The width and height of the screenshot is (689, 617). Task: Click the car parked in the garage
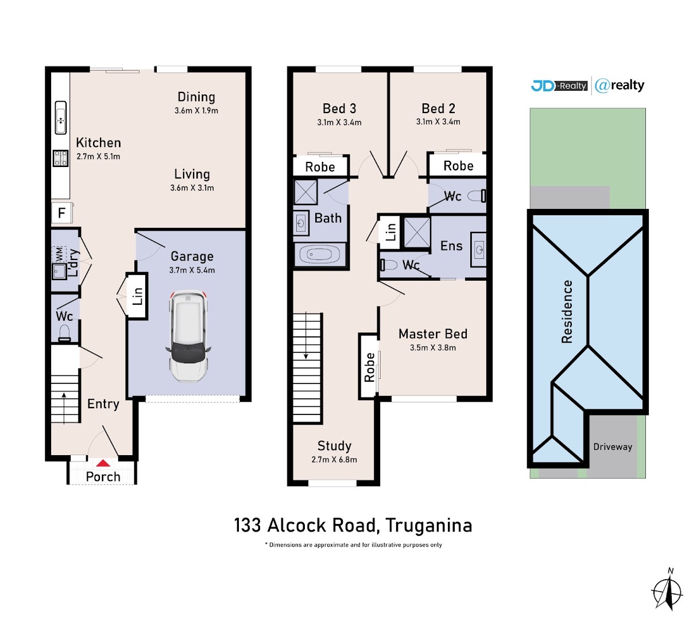[188, 336]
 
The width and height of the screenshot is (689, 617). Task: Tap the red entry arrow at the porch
[103, 463]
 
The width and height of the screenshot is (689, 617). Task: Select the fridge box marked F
[61, 213]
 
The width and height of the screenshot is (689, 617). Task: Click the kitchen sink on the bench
[60, 117]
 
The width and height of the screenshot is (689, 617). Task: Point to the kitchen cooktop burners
[60, 159]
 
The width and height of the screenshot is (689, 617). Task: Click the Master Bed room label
[432, 334]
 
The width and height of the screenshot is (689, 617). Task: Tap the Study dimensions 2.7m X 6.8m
[334, 460]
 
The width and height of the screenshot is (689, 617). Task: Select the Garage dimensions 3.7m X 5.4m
[192, 270]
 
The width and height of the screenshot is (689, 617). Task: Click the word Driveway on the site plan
[613, 447]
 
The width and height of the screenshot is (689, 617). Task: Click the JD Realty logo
[559, 86]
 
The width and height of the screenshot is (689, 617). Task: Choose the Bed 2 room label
[438, 108]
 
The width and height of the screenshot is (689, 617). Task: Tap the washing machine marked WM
[59, 254]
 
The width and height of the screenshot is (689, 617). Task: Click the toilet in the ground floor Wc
[64, 333]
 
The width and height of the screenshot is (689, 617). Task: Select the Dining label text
[196, 97]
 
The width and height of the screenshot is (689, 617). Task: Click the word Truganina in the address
[429, 526]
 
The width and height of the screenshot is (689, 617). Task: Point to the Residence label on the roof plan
[567, 312]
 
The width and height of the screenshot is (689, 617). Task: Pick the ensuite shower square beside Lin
[417, 232]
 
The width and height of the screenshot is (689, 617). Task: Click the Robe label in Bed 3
[320, 167]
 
